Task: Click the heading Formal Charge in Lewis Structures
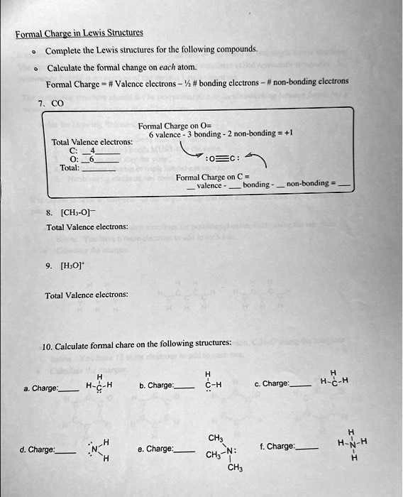tap(79, 32)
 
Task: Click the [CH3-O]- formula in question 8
tap(73, 210)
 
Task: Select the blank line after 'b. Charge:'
tap(184, 388)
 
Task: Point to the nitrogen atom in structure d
tap(94, 449)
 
